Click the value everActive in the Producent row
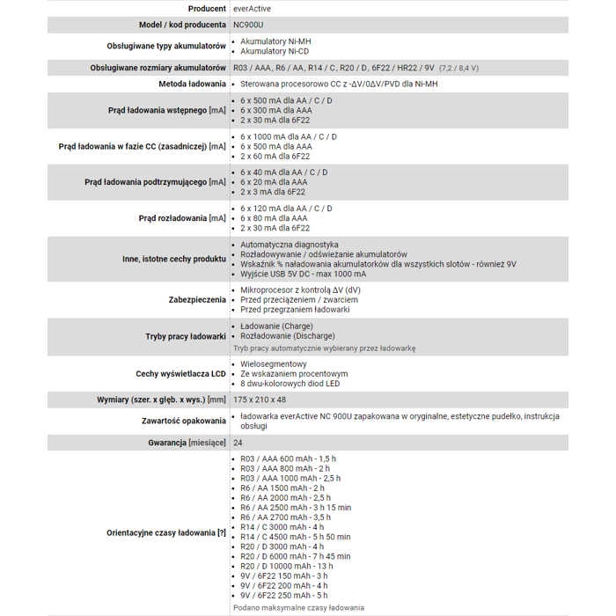click(x=252, y=8)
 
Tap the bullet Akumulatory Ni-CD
click(x=275, y=51)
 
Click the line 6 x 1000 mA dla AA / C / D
click(x=289, y=136)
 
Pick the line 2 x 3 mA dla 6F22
click(x=273, y=192)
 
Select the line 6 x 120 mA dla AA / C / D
click(x=287, y=209)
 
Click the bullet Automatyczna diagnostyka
click(x=289, y=244)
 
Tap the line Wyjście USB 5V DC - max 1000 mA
click(x=303, y=274)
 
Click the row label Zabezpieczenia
click(x=197, y=299)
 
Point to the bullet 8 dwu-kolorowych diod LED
click(x=290, y=383)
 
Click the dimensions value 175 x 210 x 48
click(x=260, y=400)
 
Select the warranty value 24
click(x=238, y=442)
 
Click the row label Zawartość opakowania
click(x=184, y=421)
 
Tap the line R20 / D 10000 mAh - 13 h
click(x=287, y=566)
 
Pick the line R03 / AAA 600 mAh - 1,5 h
click(x=288, y=459)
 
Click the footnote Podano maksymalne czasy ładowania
click(x=298, y=607)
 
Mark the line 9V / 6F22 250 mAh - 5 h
click(x=283, y=596)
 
